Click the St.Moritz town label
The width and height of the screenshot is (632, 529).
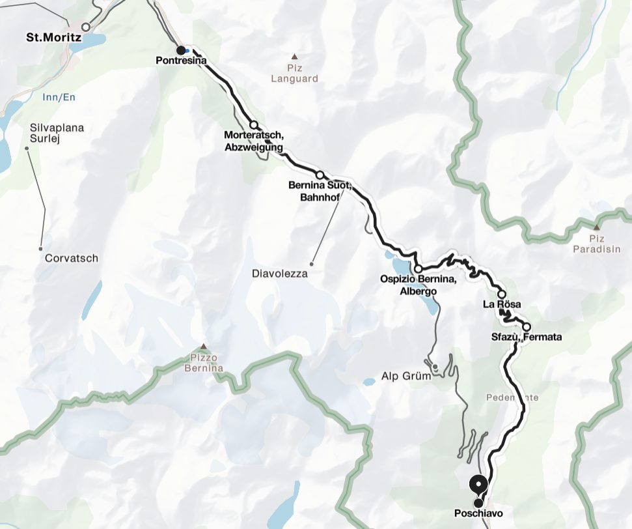point(54,38)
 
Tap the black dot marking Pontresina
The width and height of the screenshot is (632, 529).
point(181,50)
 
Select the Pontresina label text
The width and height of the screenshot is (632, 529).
point(181,61)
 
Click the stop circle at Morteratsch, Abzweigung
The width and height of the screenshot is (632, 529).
point(254,125)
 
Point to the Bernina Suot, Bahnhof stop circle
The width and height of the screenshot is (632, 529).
point(320,175)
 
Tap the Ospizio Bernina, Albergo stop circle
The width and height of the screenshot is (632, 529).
point(418,268)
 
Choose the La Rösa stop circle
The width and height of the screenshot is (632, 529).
point(502,294)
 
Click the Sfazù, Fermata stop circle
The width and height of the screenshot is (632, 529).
point(526,327)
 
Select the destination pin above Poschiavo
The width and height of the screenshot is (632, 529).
point(479,485)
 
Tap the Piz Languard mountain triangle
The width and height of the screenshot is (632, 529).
point(294,57)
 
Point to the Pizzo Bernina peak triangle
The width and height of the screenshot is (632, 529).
point(206,347)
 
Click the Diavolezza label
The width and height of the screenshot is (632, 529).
point(279,274)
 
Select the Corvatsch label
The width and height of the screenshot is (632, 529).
point(72,259)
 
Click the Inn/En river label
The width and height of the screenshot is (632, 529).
point(59,97)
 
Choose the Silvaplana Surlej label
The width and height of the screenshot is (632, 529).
point(57,133)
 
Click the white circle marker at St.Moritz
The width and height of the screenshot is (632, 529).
point(85,27)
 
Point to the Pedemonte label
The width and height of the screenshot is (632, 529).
point(513,397)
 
